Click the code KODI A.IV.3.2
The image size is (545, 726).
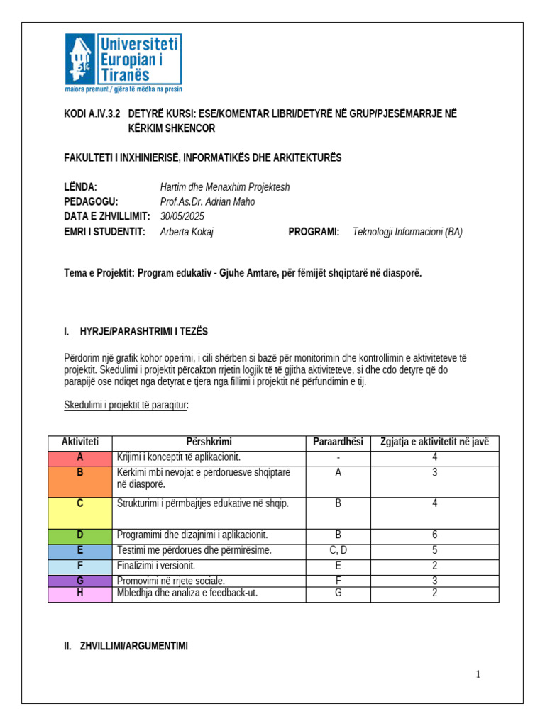point(92,113)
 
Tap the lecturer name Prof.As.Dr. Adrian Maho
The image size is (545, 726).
point(207,202)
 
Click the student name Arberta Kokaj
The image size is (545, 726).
point(187,232)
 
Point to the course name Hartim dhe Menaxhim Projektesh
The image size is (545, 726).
point(225,187)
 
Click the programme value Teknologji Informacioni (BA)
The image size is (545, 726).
point(407,232)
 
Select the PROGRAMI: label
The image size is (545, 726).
point(314,232)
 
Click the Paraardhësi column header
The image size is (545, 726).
point(338,442)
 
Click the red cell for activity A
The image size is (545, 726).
point(79,458)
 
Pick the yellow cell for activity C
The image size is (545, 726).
point(79,513)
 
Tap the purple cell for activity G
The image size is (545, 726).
point(79,581)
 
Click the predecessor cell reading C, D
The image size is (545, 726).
point(338,550)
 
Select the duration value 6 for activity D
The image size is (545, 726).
point(434,535)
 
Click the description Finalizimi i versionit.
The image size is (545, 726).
point(155,566)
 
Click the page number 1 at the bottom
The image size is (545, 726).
point(478,674)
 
